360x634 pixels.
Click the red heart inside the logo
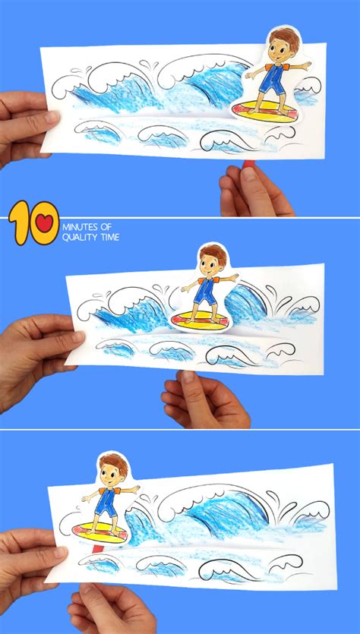coord(44,223)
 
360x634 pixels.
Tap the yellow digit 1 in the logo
coord(18,223)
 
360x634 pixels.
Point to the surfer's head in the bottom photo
coord(112,471)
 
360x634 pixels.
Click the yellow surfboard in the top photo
coord(266,111)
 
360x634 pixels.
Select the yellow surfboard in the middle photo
coord(200,320)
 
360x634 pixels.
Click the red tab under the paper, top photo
coord(248,163)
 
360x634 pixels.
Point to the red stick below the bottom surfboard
coord(97,548)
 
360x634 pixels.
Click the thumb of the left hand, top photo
coord(44,118)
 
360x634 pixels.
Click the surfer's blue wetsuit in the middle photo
coord(207,291)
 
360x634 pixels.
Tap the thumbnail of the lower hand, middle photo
coord(188,377)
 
